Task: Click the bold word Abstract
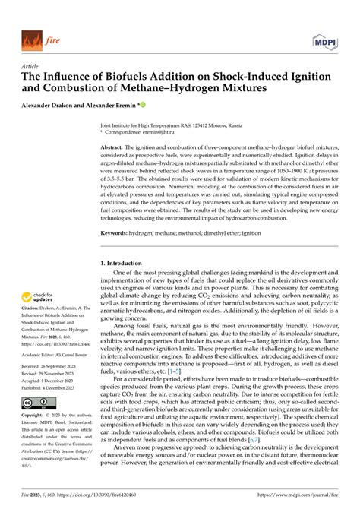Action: click(x=113, y=147)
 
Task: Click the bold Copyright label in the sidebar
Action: click(x=34, y=416)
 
